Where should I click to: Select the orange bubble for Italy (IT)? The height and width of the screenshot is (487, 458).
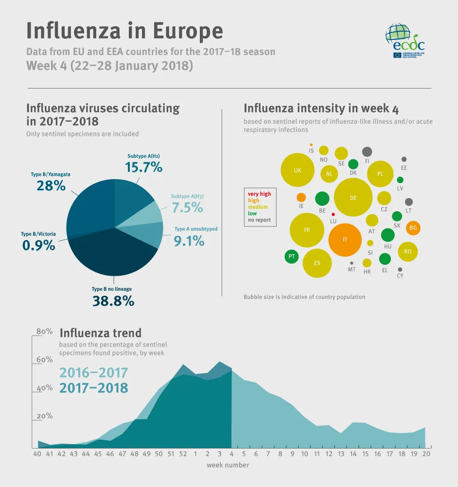[345, 240]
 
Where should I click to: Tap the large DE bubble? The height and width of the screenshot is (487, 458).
[353, 197]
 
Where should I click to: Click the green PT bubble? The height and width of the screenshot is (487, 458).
[292, 256]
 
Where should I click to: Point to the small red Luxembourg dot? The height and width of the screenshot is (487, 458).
[333, 214]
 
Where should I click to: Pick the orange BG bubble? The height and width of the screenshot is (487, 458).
[413, 227]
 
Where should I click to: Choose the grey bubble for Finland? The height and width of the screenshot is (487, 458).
[367, 151]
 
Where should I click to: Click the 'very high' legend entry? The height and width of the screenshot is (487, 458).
[259, 194]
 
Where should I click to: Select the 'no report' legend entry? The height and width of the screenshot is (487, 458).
[259, 220]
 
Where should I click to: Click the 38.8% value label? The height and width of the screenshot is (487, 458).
[113, 301]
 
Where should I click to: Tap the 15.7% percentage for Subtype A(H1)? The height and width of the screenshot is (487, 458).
[143, 168]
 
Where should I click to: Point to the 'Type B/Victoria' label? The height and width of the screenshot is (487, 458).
[38, 234]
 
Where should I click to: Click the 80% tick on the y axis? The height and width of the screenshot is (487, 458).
[45, 332]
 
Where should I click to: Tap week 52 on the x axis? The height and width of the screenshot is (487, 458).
[183, 454]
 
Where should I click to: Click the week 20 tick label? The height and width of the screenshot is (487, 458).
[425, 454]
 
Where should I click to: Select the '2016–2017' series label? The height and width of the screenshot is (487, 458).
[93, 373]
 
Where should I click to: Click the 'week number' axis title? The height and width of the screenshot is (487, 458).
[228, 465]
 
